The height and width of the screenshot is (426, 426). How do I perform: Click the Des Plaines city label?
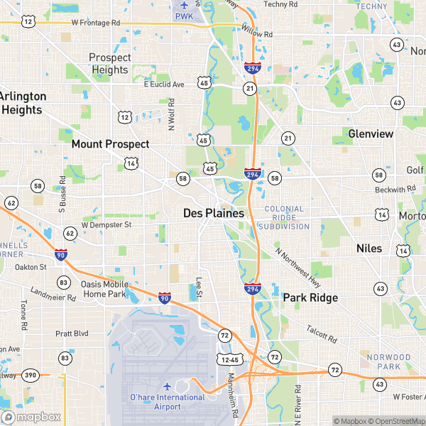point(213,213)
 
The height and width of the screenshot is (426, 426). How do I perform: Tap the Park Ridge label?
point(310,298)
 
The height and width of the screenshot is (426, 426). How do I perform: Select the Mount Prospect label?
point(110,144)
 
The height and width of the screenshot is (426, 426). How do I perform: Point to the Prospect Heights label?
point(109,63)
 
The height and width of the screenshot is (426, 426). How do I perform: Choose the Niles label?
point(368,248)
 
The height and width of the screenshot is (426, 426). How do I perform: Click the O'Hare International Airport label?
point(167,401)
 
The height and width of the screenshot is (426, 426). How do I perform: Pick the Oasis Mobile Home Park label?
point(105,288)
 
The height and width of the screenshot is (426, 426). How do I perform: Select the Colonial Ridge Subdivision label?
point(284,218)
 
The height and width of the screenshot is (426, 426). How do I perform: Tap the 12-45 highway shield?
point(229,360)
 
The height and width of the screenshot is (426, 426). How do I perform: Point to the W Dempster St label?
point(106,224)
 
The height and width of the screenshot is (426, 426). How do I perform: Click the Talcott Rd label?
point(320,332)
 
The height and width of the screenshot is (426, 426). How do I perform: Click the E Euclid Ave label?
point(164,84)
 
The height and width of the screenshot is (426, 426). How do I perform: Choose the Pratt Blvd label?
point(72,333)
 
